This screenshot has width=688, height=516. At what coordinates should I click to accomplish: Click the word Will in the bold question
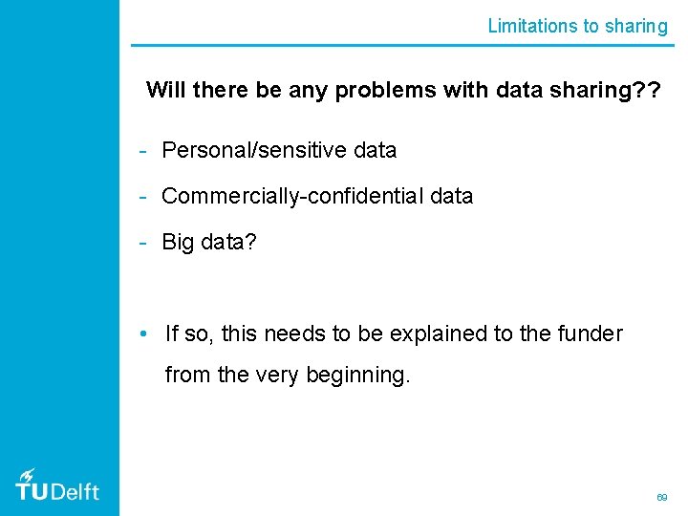click(x=165, y=90)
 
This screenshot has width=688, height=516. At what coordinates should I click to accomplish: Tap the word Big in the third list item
click(x=178, y=242)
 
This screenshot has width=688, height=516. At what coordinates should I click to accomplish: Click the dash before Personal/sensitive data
click(x=141, y=150)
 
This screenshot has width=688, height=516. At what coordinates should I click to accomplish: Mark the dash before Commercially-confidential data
click(x=141, y=196)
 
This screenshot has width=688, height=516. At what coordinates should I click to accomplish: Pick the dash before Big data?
click(x=141, y=242)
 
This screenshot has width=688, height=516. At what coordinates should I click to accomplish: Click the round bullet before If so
click(x=141, y=333)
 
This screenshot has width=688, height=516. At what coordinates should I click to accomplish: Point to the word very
click(x=277, y=376)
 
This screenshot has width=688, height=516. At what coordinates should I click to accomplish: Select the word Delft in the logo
click(x=74, y=491)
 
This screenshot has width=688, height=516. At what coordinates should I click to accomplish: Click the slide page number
click(x=660, y=498)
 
